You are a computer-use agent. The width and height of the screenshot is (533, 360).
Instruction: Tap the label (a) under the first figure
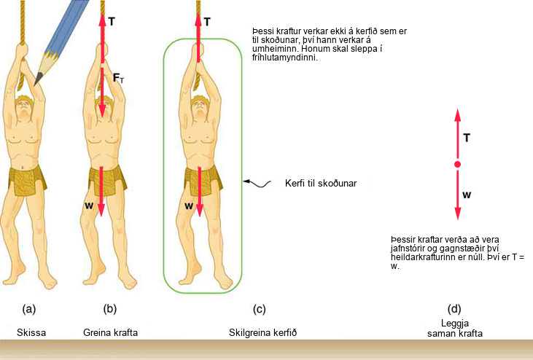(x=29, y=309)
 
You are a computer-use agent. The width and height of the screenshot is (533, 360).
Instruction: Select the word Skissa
(x=31, y=332)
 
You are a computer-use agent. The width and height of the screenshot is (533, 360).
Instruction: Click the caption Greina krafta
(x=111, y=332)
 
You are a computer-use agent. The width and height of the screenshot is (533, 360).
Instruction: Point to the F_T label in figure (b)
(x=118, y=79)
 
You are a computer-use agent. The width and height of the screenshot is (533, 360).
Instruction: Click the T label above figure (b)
(x=112, y=22)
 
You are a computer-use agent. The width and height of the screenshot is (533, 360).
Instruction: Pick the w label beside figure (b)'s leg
(x=89, y=206)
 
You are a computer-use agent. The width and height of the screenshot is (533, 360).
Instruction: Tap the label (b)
(x=110, y=309)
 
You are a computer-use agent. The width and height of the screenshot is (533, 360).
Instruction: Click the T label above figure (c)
(x=207, y=22)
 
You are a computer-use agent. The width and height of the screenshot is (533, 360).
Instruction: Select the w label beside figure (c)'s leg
(x=189, y=206)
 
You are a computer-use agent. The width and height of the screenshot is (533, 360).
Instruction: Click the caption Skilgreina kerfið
(x=262, y=332)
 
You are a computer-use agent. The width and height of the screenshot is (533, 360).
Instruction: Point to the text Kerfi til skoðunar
(x=321, y=184)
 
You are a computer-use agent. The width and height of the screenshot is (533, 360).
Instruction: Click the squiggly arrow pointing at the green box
(x=257, y=184)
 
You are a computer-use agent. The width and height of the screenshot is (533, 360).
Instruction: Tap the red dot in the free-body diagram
(x=458, y=165)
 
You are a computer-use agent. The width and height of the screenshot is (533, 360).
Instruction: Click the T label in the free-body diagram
(x=467, y=138)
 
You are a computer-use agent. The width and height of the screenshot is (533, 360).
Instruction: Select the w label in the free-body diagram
(x=467, y=195)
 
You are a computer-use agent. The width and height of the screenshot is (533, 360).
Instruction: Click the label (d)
(x=454, y=309)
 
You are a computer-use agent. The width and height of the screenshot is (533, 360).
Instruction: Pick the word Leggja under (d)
(x=455, y=324)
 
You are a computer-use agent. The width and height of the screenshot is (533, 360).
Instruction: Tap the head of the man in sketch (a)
(x=24, y=108)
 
